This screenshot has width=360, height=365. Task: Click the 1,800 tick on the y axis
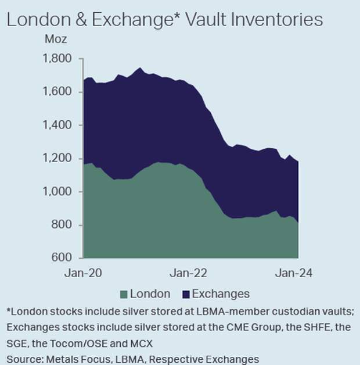58,59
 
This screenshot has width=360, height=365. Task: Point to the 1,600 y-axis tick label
58,92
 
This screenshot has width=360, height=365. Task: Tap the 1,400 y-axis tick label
58,125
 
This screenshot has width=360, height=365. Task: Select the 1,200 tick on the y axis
58,158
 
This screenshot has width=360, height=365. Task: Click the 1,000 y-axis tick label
58,191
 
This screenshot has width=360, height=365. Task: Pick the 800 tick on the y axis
63,225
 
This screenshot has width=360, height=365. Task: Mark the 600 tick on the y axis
63,257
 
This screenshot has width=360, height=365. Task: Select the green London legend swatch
124,294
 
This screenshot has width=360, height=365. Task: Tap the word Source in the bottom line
23,359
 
